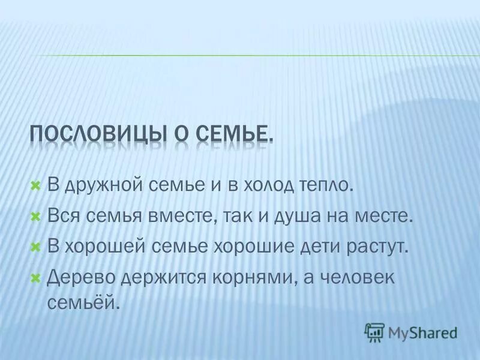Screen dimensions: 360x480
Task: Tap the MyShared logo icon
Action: click(374, 332)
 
